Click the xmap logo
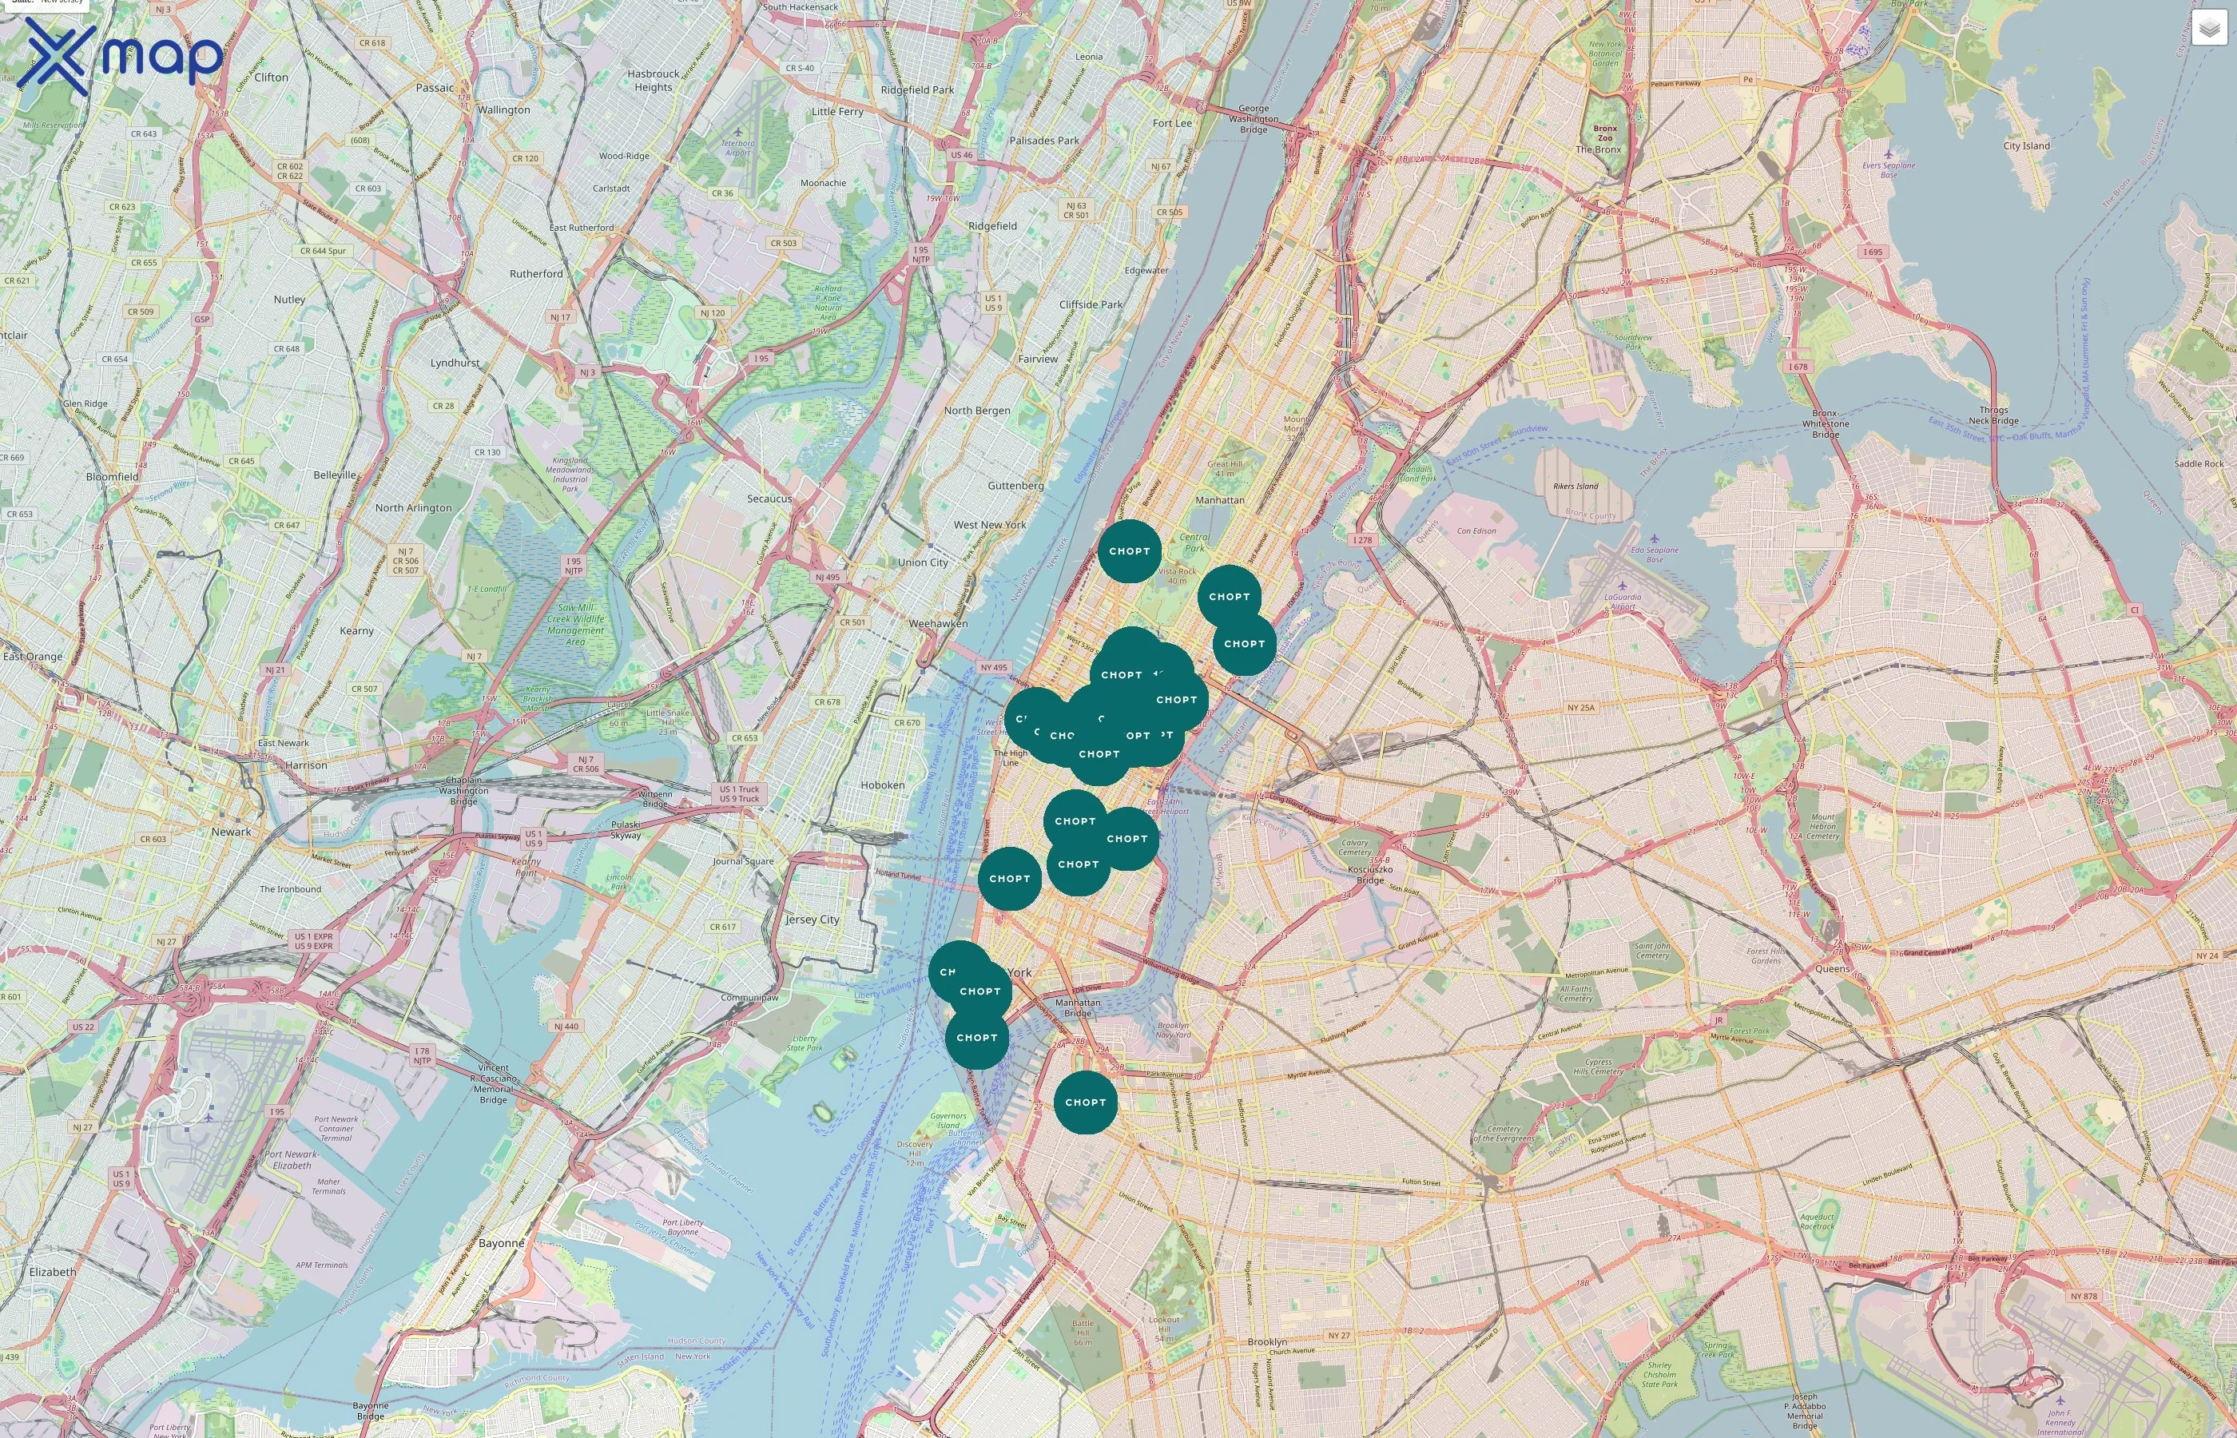[x=120, y=56]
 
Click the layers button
[x=2209, y=28]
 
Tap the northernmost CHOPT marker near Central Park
[x=1129, y=551]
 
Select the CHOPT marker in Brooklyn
[x=1085, y=1102]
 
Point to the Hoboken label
[x=882, y=785]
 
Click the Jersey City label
[x=813, y=919]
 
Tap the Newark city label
[x=231, y=832]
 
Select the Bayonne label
[x=502, y=1243]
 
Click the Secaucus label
[x=769, y=499]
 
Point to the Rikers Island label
[x=1575, y=487]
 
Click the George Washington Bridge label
[x=1254, y=118]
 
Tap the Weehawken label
[x=938, y=623]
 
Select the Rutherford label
[x=536, y=273]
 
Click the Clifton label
[x=271, y=77]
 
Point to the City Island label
[x=2026, y=145]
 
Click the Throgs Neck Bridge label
[x=1993, y=415]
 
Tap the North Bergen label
[x=976, y=410]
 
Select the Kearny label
[x=356, y=630]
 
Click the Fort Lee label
[x=1172, y=123]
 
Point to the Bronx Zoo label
[x=1605, y=133]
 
